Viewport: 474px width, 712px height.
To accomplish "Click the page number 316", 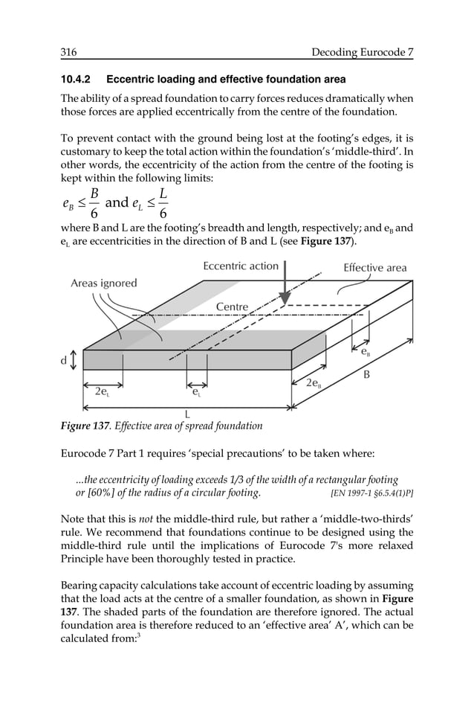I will click(x=69, y=52).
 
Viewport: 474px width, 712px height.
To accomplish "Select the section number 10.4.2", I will click(x=77, y=80).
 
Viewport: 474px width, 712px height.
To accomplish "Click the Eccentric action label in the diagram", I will click(x=241, y=266).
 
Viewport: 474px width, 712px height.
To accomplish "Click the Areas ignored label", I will click(x=104, y=283).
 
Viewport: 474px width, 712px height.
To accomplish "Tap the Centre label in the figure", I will click(x=232, y=307).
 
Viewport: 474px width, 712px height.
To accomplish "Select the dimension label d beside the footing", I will click(x=64, y=361).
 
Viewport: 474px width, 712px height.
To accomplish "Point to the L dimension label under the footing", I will click(x=187, y=414).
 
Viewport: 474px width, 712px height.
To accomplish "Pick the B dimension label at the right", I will click(x=366, y=375).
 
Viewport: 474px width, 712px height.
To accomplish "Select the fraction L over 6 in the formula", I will click(x=163, y=202).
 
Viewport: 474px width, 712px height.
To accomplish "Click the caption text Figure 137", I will click(x=86, y=426).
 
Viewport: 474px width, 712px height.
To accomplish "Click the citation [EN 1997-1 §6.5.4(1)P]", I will click(x=371, y=493).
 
